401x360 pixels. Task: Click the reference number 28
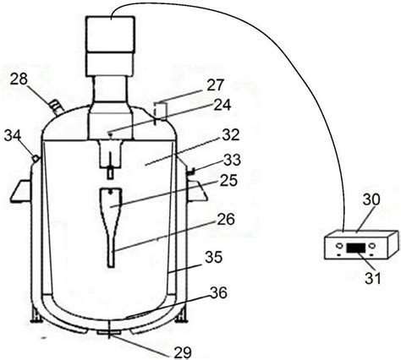[19, 79]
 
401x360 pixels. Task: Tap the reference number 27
[215, 85]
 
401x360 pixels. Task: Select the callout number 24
[222, 105]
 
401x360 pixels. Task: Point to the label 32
[231, 134]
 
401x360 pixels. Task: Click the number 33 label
[232, 160]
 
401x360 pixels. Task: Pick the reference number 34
[13, 136]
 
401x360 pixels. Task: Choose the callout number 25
[228, 180]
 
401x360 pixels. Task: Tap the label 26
[226, 219]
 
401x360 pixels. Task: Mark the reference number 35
[213, 257]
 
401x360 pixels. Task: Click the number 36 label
[218, 293]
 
